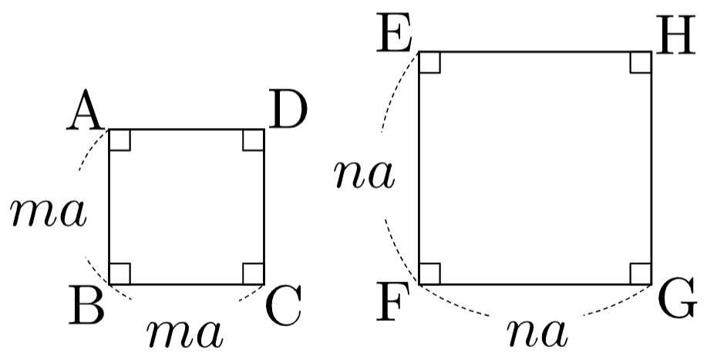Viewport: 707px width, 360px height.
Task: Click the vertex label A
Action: coord(84,110)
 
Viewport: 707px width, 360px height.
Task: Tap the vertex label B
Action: coord(86,304)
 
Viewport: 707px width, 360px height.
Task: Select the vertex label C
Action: coord(283,305)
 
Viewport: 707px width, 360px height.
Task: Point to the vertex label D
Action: coord(288,110)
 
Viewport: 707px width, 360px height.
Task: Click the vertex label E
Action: coord(393,33)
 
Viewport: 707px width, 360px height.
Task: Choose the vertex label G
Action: coord(676,298)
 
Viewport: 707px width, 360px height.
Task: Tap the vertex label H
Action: coord(675,34)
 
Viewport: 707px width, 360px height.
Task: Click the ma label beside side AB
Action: coord(49,212)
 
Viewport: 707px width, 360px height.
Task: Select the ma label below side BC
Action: coord(184,334)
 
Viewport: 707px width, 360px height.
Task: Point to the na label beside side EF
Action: coord(365,174)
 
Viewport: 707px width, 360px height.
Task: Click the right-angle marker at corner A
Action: coord(120,140)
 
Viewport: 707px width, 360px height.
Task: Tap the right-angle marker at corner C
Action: coord(254,274)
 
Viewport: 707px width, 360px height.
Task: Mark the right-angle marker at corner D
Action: coord(254,140)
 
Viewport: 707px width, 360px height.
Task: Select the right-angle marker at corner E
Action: coord(429,62)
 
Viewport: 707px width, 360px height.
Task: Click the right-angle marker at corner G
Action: coord(640,274)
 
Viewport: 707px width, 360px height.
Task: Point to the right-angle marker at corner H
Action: coord(640,62)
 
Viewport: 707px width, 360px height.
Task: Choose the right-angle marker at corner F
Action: coord(429,274)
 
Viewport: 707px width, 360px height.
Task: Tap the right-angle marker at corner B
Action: coord(120,274)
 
